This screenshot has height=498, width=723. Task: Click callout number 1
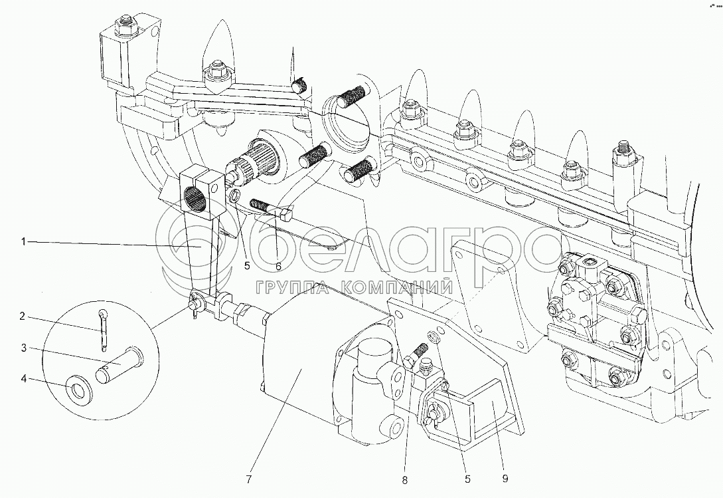pos(24,242)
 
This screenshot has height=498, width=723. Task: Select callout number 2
pos(24,316)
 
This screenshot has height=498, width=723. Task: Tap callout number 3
pos(24,347)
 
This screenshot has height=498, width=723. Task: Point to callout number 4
pos(24,379)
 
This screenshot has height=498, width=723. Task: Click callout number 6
pos(278,267)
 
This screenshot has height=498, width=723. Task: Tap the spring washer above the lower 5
pos(434,337)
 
